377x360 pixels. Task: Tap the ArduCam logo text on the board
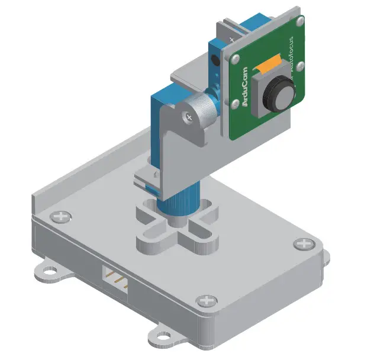tap(245, 86)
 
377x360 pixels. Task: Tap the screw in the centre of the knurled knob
tap(189, 116)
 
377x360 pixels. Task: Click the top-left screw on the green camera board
tap(236, 59)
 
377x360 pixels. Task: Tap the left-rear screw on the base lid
tap(60, 216)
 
